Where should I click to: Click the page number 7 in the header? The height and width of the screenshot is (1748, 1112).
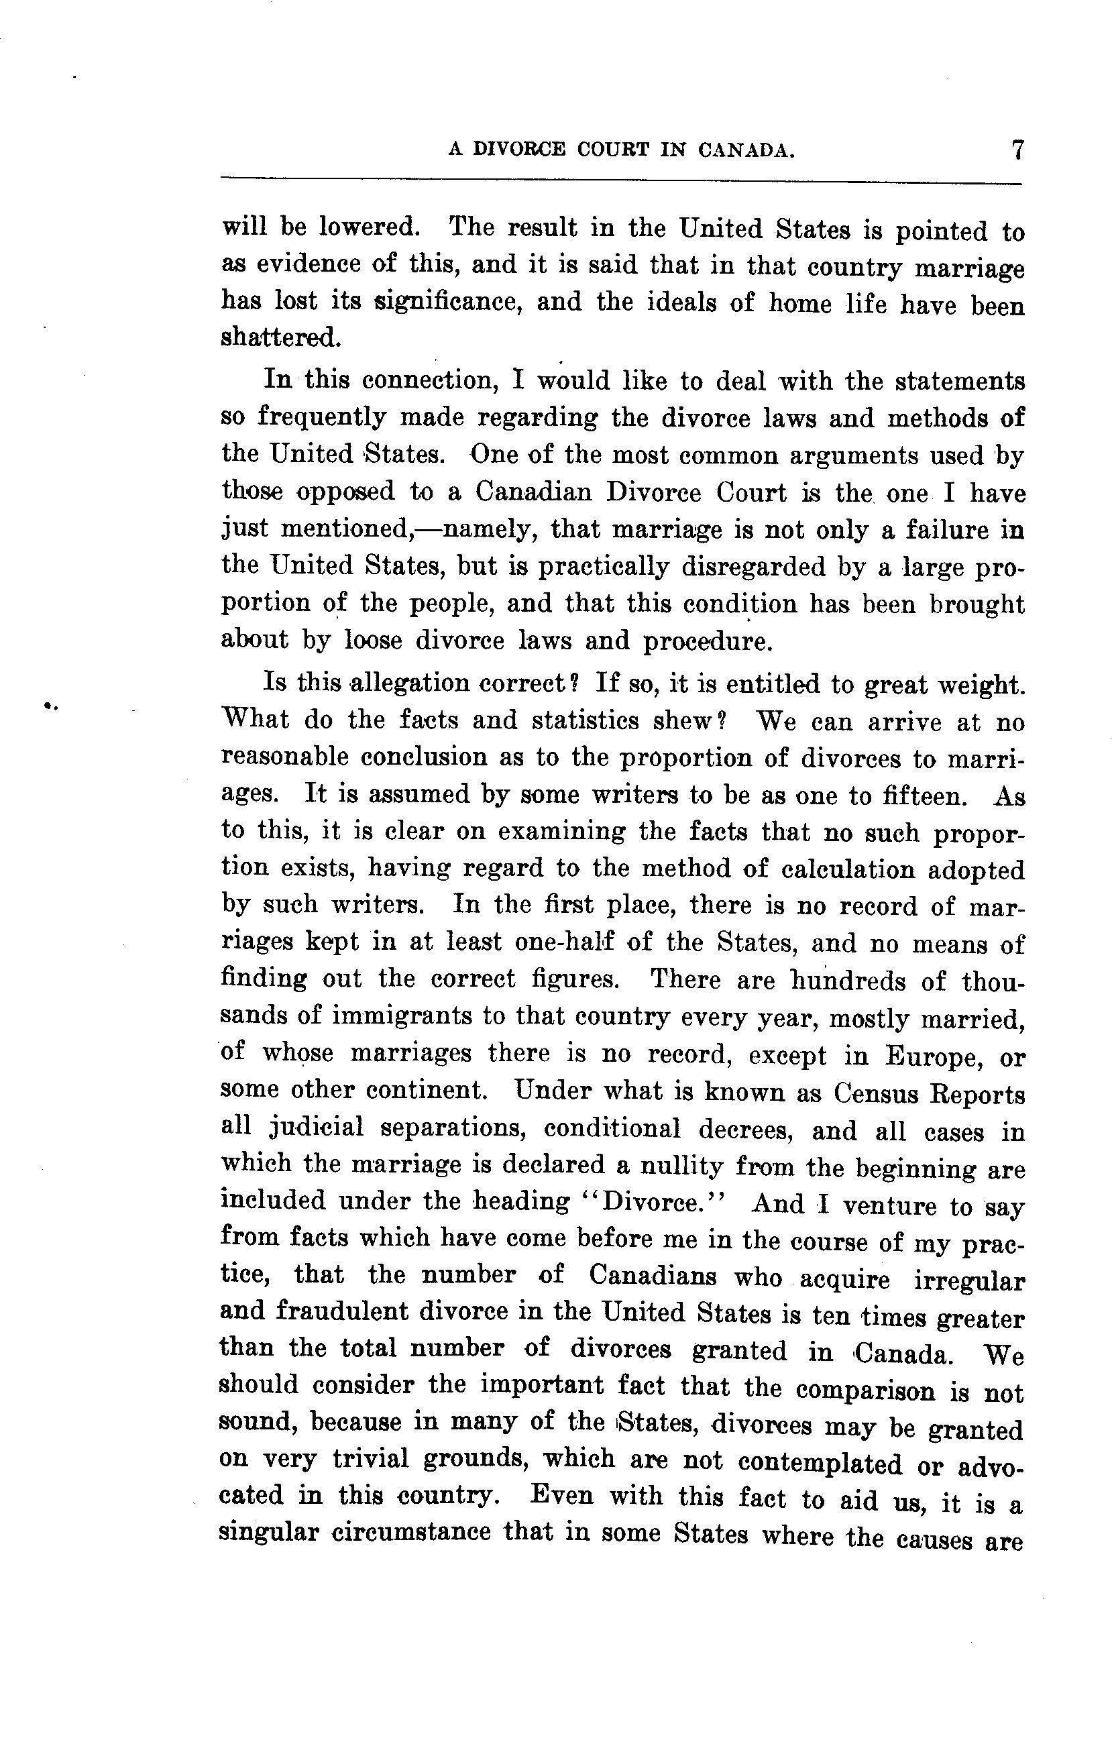click(x=1016, y=150)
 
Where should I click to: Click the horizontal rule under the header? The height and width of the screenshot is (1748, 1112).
click(x=621, y=179)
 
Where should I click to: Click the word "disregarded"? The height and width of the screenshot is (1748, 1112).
click(x=753, y=567)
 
